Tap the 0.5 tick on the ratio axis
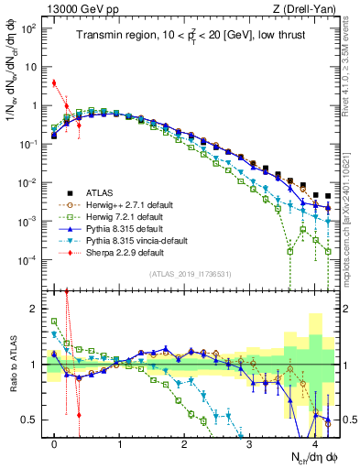(x=33, y=420)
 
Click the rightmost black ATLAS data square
(x=327, y=195)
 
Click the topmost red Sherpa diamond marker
(x=54, y=83)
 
